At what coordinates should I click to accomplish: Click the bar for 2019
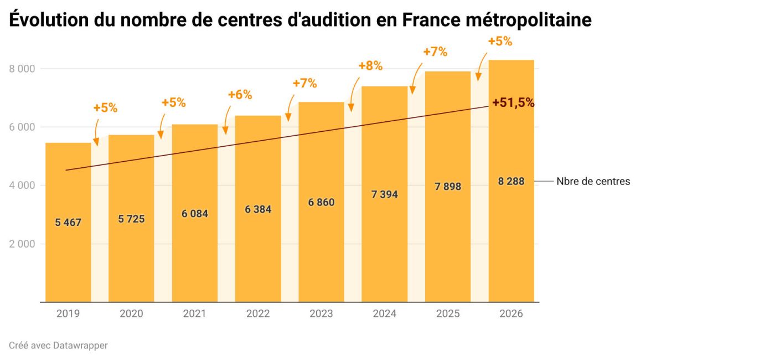click(x=68, y=260)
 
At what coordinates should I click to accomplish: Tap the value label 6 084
click(x=195, y=214)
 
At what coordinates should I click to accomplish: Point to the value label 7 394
click(x=384, y=195)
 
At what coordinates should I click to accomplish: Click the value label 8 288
click(x=511, y=182)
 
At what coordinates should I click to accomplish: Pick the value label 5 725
click(x=131, y=219)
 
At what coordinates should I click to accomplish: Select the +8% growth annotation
click(x=370, y=66)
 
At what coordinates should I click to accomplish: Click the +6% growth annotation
click(x=240, y=95)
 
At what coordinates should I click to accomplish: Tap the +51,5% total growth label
click(x=513, y=102)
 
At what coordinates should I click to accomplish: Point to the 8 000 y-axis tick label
click(x=22, y=69)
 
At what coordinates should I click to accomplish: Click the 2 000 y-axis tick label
click(x=22, y=244)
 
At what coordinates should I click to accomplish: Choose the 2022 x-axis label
click(x=258, y=314)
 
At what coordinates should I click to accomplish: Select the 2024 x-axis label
click(x=384, y=314)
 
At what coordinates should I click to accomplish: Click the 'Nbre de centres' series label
click(x=593, y=182)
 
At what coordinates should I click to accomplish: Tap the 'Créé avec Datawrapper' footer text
click(x=58, y=346)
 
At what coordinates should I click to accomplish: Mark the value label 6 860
click(x=321, y=203)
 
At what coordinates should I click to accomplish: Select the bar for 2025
click(x=448, y=249)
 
